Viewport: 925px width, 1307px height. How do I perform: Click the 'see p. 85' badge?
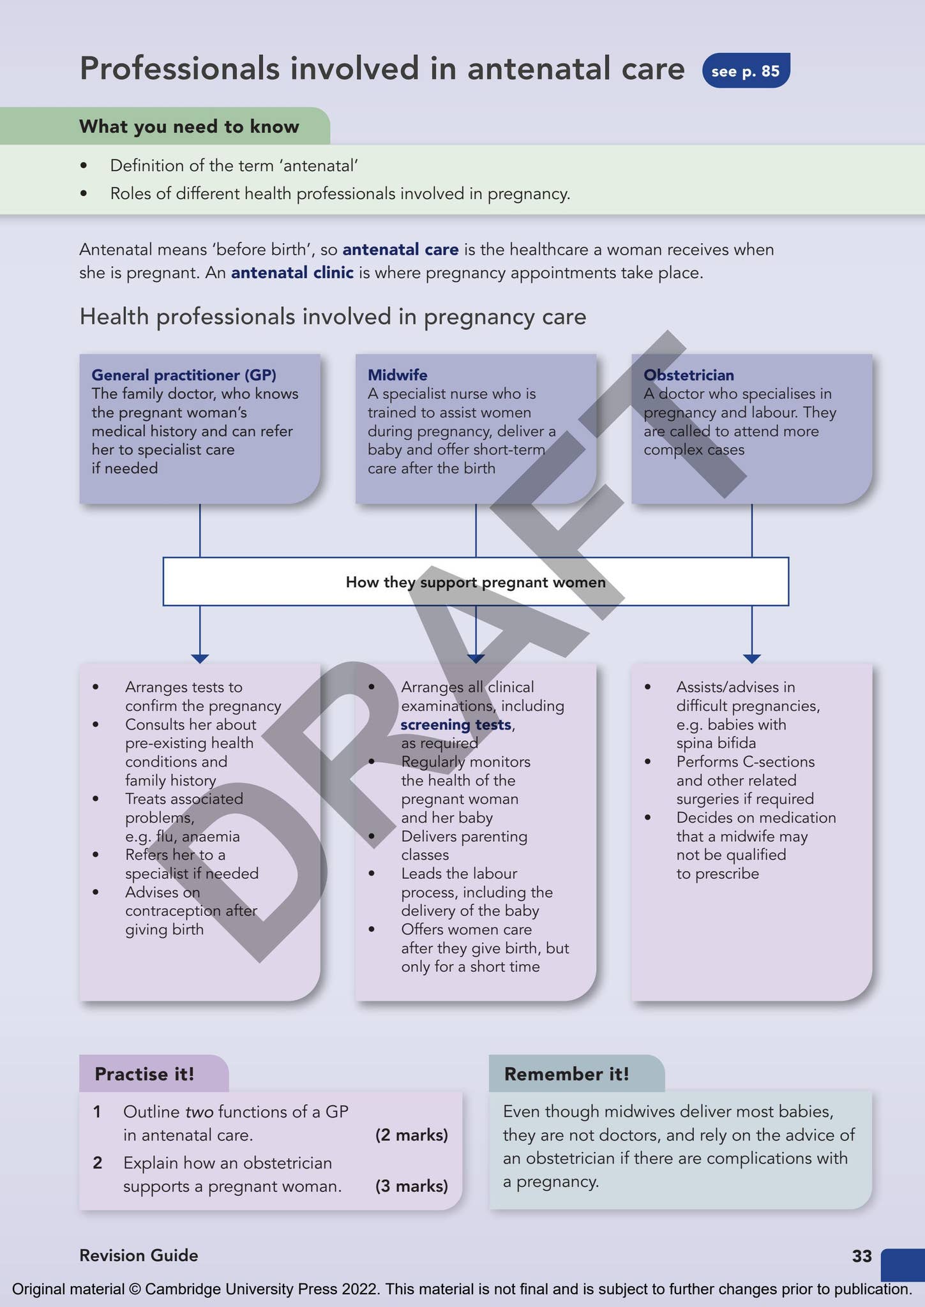pyautogui.click(x=746, y=71)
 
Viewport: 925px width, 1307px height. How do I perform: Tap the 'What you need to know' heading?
pyautogui.click(x=189, y=126)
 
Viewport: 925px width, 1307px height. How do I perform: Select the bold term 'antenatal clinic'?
pyautogui.click(x=292, y=273)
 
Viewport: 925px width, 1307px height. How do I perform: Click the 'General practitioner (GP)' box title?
pyautogui.click(x=184, y=375)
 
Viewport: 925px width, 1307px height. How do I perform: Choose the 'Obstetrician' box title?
pyautogui.click(x=688, y=375)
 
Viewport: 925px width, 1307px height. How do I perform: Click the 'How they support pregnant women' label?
pyautogui.click(x=475, y=582)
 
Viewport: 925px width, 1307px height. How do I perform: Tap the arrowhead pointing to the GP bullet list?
pyautogui.click(x=200, y=658)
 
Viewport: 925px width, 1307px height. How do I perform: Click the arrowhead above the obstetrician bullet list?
pyautogui.click(x=751, y=658)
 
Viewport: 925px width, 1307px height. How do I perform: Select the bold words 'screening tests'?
pyautogui.click(x=456, y=724)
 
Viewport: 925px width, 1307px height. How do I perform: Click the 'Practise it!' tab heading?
pyautogui.click(x=144, y=1074)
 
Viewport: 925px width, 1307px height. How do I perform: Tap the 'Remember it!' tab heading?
pyautogui.click(x=566, y=1074)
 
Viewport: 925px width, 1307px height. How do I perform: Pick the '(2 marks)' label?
pyautogui.click(x=411, y=1135)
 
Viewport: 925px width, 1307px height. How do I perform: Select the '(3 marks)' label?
pyautogui.click(x=411, y=1186)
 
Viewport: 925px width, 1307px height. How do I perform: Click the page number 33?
pyautogui.click(x=861, y=1256)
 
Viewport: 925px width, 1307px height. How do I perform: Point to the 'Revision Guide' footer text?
pyautogui.click(x=139, y=1255)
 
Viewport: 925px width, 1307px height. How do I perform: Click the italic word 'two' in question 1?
pyautogui.click(x=199, y=1112)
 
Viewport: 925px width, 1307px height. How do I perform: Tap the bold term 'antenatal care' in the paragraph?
pyautogui.click(x=400, y=250)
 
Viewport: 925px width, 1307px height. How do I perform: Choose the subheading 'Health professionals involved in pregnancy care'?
pyautogui.click(x=333, y=317)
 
